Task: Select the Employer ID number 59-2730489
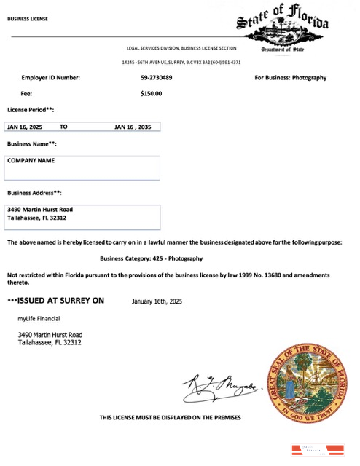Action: coord(157,77)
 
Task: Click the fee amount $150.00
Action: coord(151,93)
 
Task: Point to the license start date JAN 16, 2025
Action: coord(25,127)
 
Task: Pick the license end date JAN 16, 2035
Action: coord(133,127)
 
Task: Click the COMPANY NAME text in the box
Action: coord(31,160)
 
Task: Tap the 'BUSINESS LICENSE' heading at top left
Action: coord(28,19)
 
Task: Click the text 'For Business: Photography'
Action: coord(290,77)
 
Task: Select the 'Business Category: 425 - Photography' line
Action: coord(151,258)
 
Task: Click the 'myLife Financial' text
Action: coord(39,318)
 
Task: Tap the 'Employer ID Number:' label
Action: coord(51,77)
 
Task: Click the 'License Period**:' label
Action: coord(31,109)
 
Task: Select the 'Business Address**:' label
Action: coord(34,193)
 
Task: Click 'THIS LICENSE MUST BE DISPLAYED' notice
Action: coord(170,417)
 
